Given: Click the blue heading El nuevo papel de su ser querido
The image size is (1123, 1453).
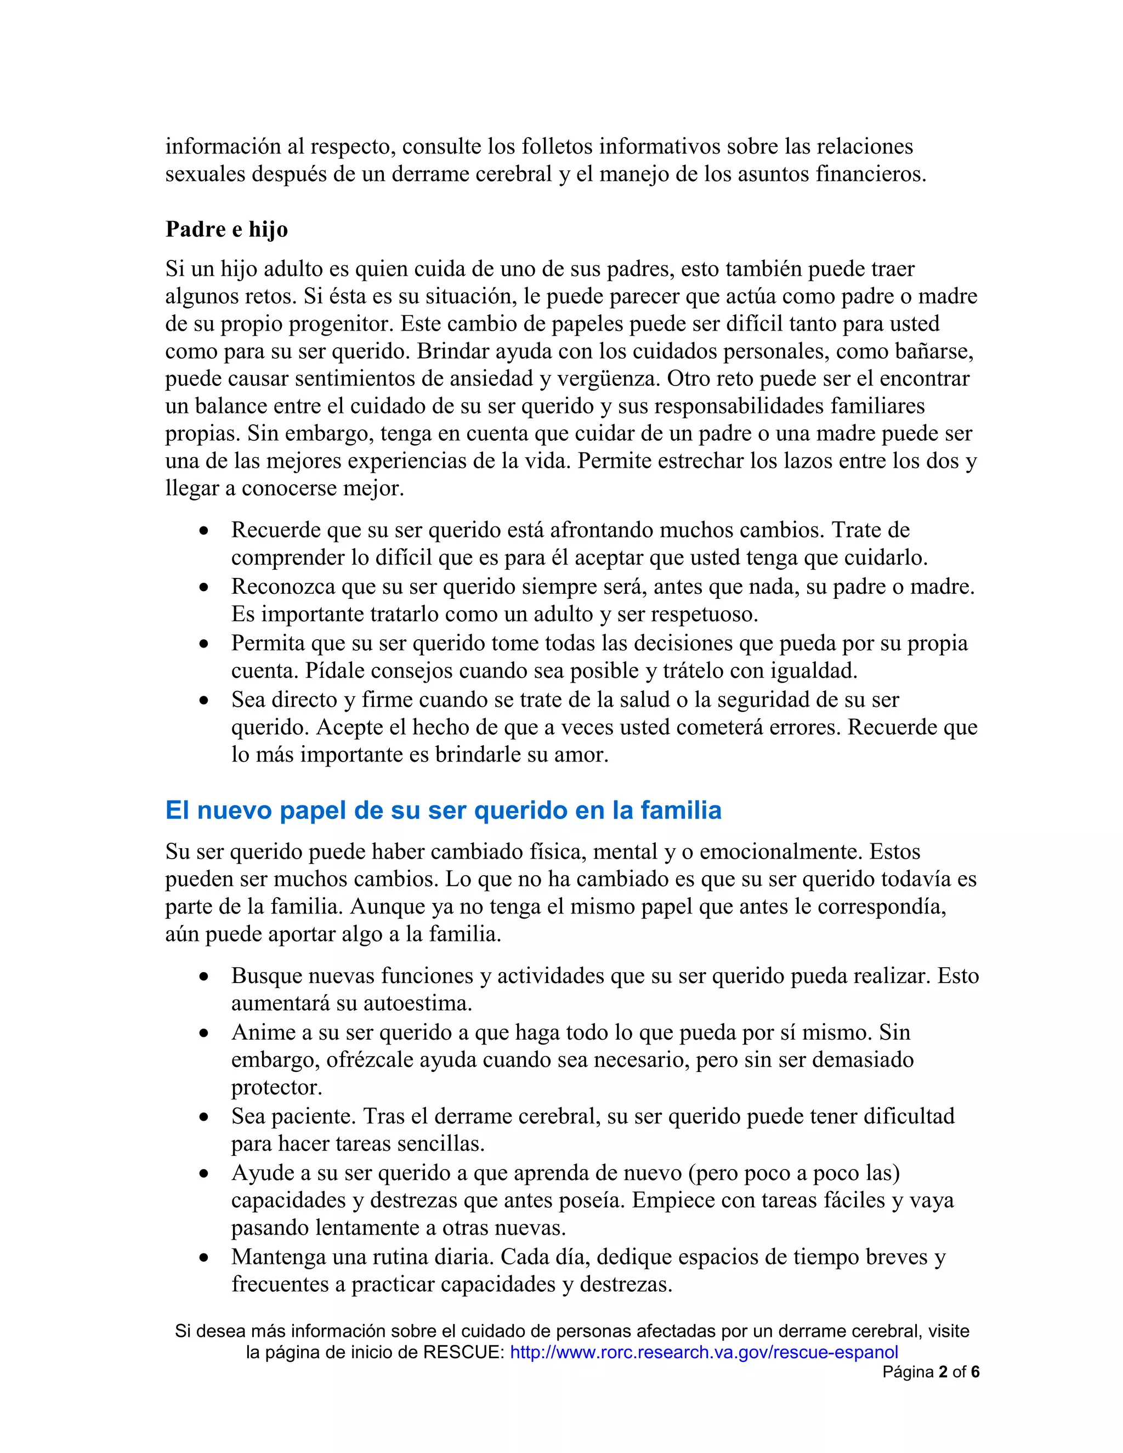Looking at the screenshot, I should tap(443, 810).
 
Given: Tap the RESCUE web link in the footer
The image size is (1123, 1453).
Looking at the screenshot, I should tap(704, 1352).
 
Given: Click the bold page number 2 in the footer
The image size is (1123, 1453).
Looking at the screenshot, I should tap(943, 1372).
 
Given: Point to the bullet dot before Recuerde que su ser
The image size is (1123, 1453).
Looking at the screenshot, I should tap(204, 531).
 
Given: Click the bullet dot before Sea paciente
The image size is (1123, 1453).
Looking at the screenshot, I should tap(204, 1117).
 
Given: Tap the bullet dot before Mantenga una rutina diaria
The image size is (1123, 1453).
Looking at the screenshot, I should tap(204, 1258).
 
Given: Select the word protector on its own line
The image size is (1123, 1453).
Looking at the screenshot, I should tap(277, 1087).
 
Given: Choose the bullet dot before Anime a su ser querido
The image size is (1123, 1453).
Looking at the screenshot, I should tap(204, 1033).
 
